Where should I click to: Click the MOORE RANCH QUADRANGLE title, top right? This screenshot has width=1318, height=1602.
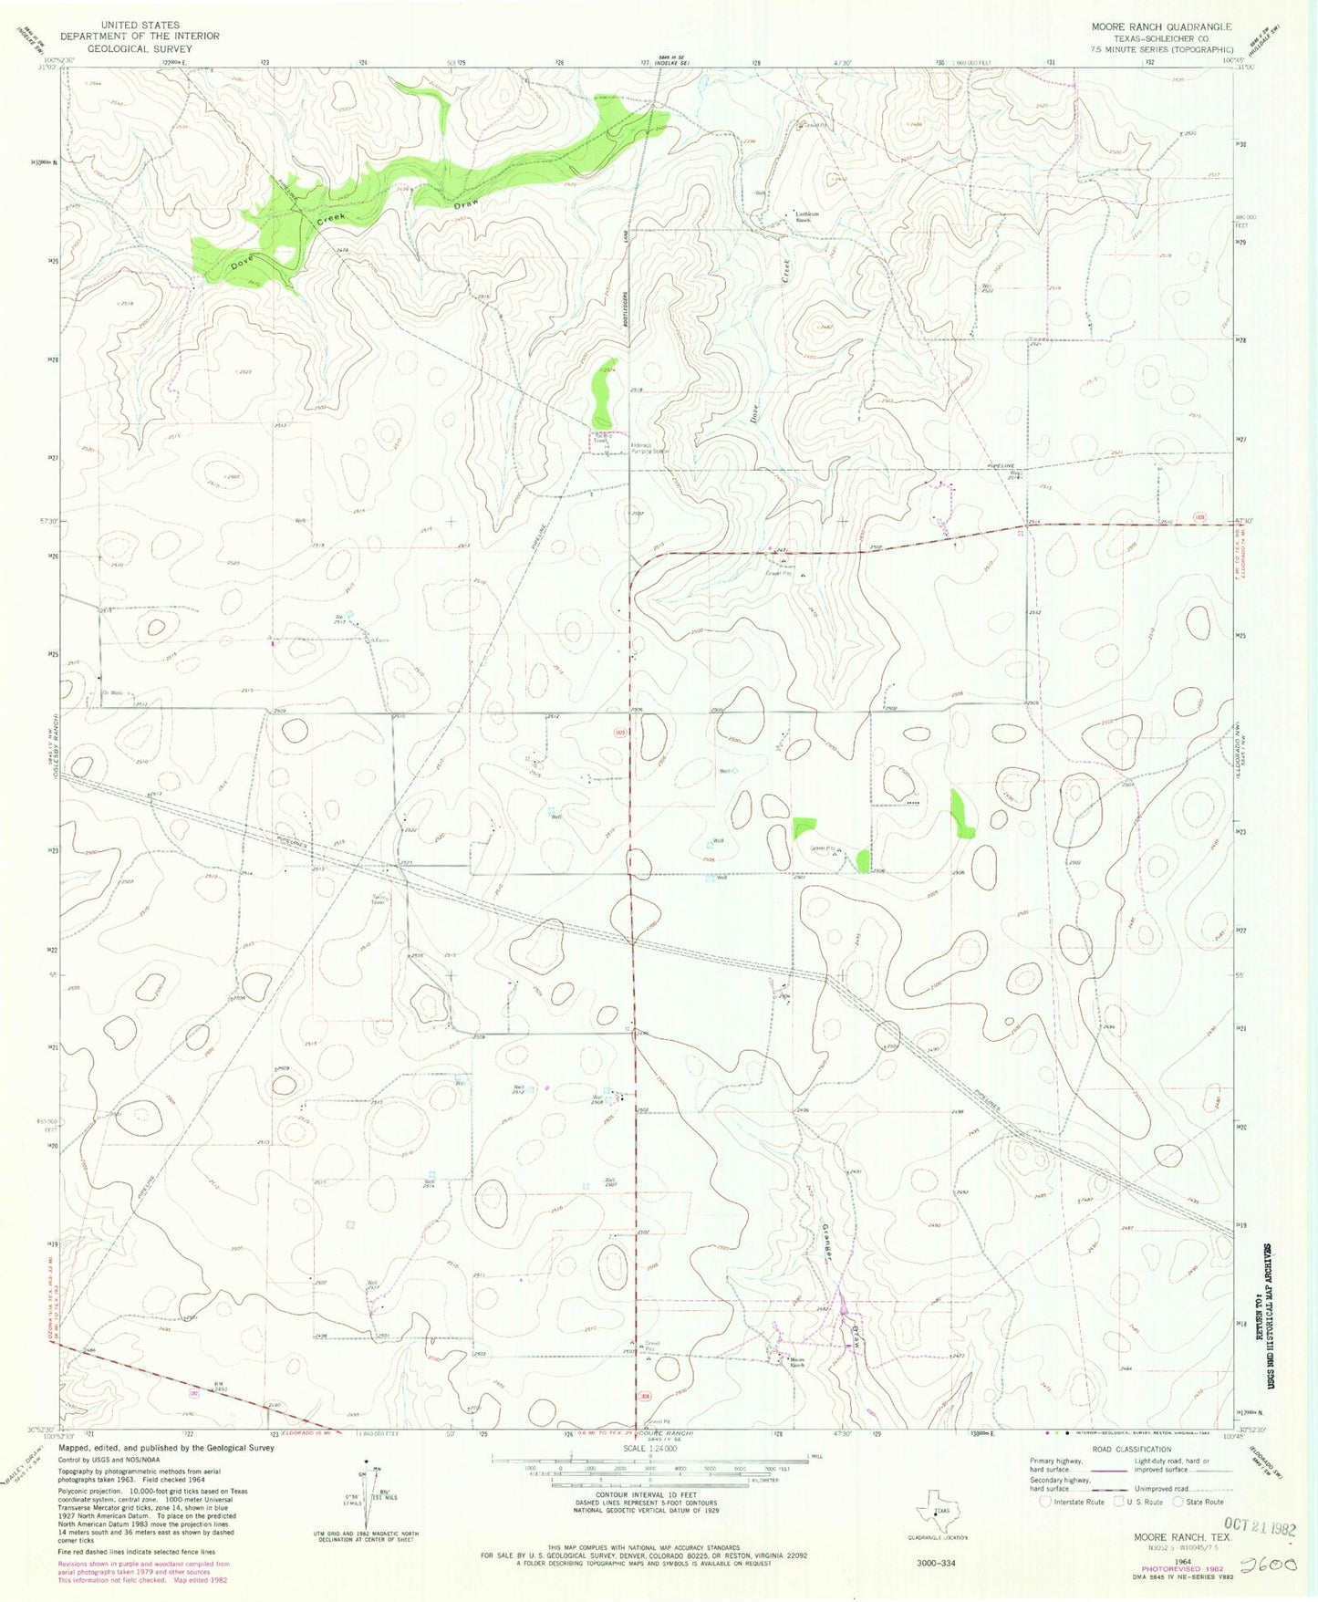(1161, 26)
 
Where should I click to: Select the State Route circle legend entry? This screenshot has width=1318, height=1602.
(1197, 1502)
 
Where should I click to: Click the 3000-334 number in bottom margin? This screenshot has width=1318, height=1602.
(935, 1563)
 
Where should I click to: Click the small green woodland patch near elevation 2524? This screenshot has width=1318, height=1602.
(603, 388)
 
